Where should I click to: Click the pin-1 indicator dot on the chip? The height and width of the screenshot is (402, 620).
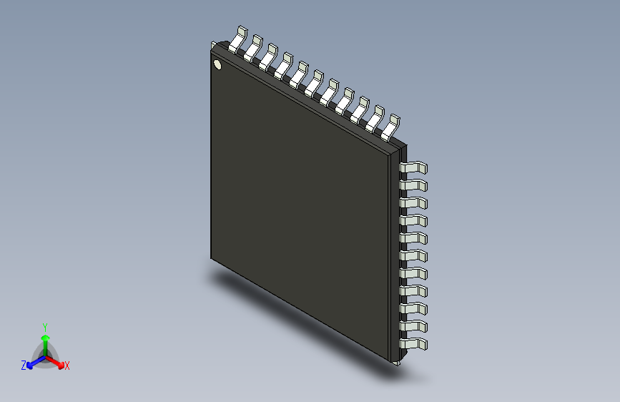pyautogui.click(x=217, y=65)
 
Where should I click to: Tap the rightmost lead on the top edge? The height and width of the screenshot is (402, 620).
pyautogui.click(x=391, y=127)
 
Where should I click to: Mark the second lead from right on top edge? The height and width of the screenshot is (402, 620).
pyautogui.click(x=376, y=118)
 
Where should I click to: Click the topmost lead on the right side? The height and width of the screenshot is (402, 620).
pyautogui.click(x=414, y=168)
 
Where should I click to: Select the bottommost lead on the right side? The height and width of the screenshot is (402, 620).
pyautogui.click(x=414, y=345)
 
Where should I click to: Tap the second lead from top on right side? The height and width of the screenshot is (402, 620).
pyautogui.click(x=414, y=186)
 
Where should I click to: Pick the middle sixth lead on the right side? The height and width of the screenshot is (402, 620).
pyautogui.click(x=414, y=256)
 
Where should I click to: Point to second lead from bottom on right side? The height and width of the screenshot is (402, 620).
pyautogui.click(x=414, y=327)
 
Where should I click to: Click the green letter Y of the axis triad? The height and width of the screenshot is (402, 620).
pyautogui.click(x=44, y=326)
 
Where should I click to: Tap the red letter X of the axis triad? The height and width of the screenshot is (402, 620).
pyautogui.click(x=67, y=366)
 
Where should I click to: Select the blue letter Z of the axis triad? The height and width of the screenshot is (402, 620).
pyautogui.click(x=23, y=366)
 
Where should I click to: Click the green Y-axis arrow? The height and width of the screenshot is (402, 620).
pyautogui.click(x=44, y=339)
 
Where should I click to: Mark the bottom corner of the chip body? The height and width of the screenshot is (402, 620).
pyautogui.click(x=392, y=359)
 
